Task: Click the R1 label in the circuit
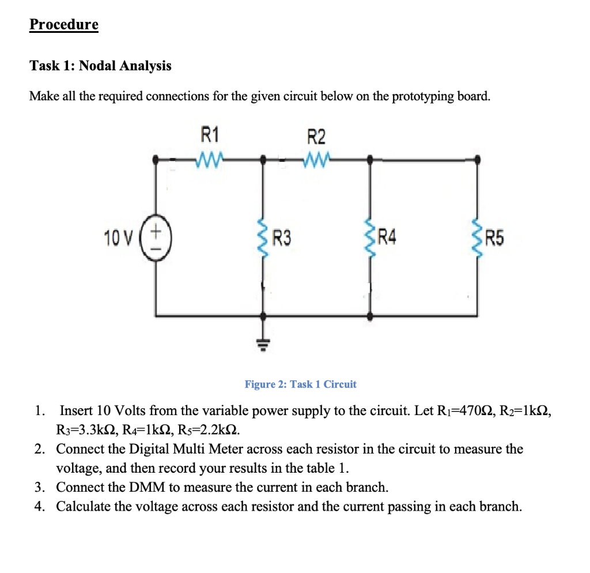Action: (x=210, y=136)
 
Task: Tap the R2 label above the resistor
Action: (x=316, y=137)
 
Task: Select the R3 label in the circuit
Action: (x=282, y=237)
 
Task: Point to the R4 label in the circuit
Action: (x=387, y=237)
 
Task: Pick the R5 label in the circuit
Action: (x=494, y=237)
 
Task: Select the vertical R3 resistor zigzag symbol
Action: (x=264, y=236)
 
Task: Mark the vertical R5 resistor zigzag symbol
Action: (x=476, y=236)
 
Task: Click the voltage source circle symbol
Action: (x=156, y=237)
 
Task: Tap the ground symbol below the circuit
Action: (x=264, y=344)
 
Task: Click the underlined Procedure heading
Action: (x=64, y=25)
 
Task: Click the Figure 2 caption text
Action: (x=300, y=384)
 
